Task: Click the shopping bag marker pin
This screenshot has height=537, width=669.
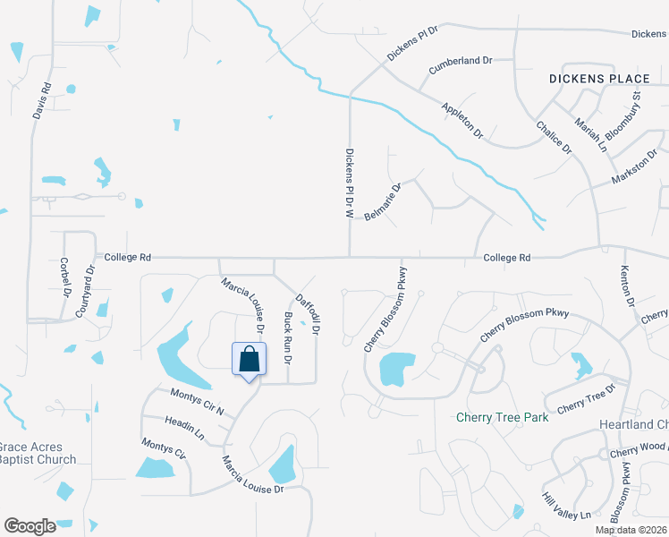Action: coord(250,361)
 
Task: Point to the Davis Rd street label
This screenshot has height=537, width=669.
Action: coord(42,102)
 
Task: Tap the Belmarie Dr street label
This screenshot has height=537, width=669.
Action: coord(383,203)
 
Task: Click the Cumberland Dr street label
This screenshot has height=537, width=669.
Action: coord(461,64)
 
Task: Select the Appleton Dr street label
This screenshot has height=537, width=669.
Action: coord(462,120)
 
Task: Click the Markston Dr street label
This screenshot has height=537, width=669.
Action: coord(635,167)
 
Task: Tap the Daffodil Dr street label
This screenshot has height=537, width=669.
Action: coord(309,314)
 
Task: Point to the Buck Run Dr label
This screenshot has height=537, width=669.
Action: coord(287,337)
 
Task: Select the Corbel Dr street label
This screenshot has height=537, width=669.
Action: coord(64,277)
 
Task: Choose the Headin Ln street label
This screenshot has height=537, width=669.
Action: coord(184,428)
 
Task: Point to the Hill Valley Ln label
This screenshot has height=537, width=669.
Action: coord(566,504)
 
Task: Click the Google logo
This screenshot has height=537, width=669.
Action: coord(30,526)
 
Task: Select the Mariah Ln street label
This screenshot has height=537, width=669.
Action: coord(590,135)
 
